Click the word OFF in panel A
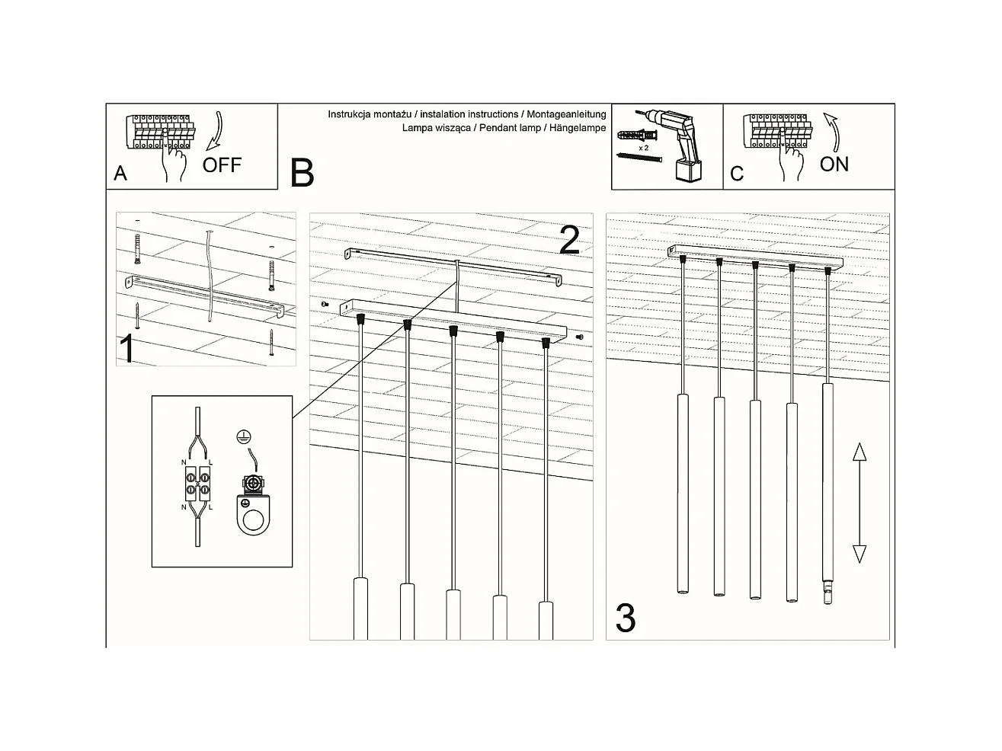(x=222, y=165)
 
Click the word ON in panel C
(x=834, y=165)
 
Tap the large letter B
(x=302, y=173)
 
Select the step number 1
(x=128, y=349)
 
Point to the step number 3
(x=625, y=618)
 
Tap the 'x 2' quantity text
(x=644, y=147)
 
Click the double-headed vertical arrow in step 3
(x=859, y=503)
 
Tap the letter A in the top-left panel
(x=120, y=174)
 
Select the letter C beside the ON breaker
(x=736, y=174)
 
